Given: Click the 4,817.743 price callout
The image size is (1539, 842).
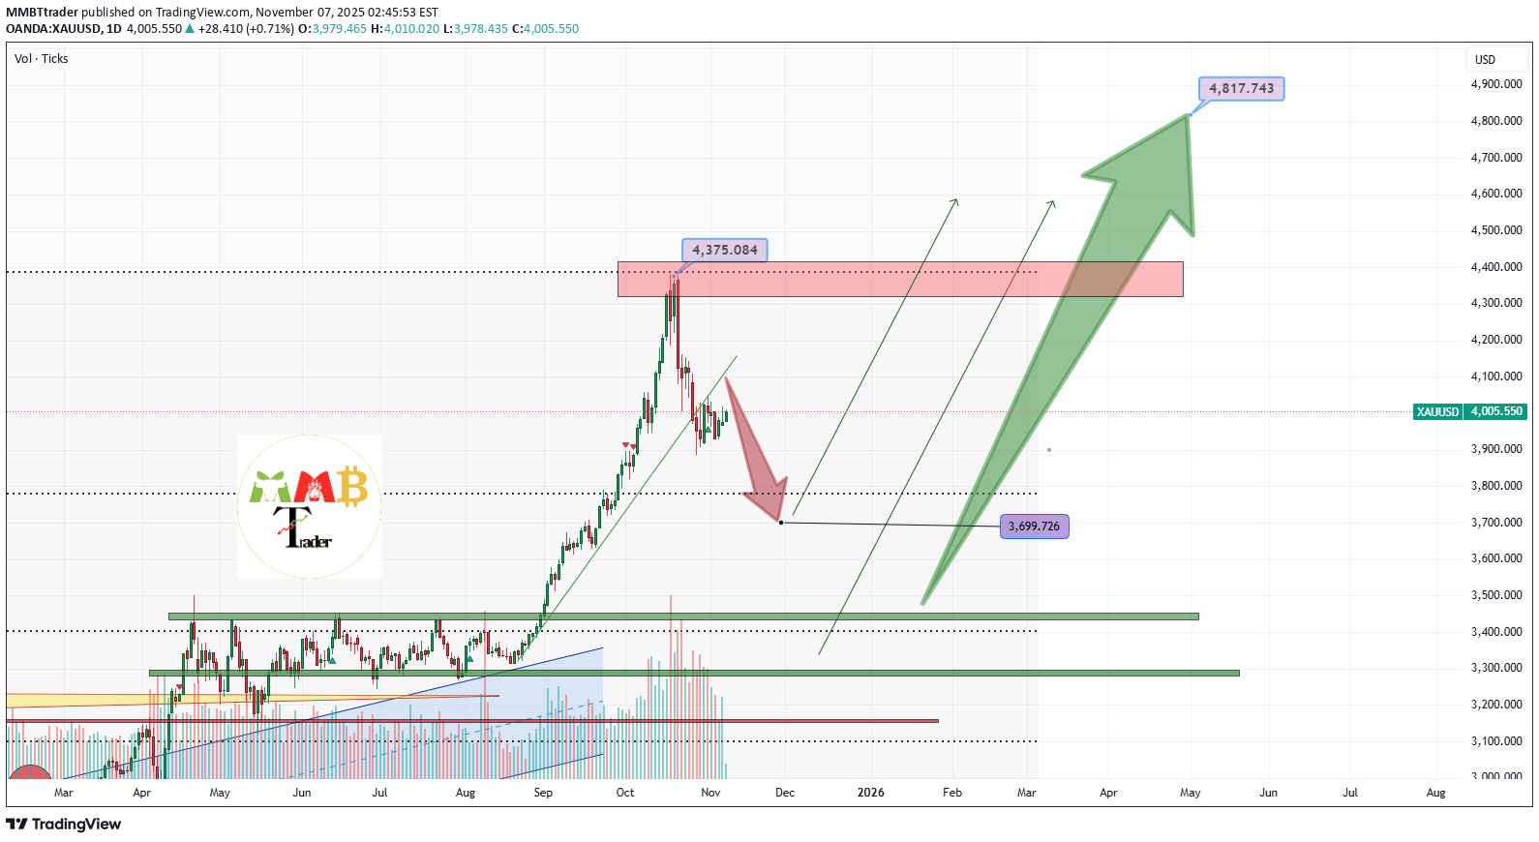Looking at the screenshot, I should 1241,89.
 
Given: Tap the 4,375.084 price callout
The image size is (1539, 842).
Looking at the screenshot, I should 724,250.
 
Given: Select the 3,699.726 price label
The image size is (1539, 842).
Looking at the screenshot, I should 1034,526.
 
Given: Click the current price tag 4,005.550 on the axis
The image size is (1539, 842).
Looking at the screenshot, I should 1496,411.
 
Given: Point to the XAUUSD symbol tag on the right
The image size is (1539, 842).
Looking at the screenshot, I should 1437,411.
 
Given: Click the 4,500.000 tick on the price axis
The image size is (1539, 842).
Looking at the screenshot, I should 1496,230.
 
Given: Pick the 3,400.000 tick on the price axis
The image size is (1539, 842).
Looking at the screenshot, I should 1496,632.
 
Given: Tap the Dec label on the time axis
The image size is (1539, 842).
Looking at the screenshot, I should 785,793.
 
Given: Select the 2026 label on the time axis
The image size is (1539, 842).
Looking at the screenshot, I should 870,793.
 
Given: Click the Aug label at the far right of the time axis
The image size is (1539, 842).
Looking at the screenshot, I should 1435,793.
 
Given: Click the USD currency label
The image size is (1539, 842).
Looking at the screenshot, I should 1485,60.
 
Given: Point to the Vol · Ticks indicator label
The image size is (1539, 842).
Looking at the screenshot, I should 42,59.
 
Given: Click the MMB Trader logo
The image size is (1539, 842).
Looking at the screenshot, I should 310,506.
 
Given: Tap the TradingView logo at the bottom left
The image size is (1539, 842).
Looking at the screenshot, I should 64,825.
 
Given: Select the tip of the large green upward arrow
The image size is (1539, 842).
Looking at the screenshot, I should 1188,115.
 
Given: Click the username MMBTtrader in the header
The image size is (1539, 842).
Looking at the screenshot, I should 42,13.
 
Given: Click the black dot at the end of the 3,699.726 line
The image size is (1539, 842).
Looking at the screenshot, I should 781,523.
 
